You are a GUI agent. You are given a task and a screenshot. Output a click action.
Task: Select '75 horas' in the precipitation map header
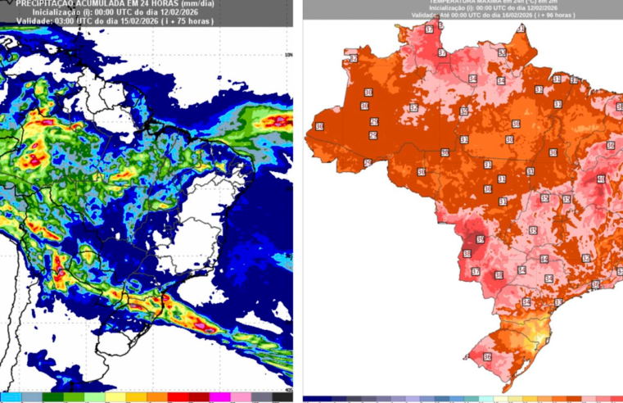(x=196, y=20)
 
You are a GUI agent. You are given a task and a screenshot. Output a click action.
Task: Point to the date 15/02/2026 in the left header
(x=139, y=20)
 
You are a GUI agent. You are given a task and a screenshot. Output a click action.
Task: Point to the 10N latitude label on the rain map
(x=287, y=55)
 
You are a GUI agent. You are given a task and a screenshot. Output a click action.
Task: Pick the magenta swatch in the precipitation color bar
(x=220, y=397)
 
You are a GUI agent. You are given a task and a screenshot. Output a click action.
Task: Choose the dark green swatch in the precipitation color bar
(x=53, y=397)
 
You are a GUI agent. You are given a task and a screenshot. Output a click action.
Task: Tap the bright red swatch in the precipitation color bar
(x=178, y=397)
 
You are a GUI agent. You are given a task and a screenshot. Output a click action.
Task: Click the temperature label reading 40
(x=600, y=179)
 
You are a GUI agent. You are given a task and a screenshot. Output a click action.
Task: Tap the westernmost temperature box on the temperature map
(x=319, y=126)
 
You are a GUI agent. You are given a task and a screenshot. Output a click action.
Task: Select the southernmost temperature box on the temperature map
(x=487, y=357)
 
